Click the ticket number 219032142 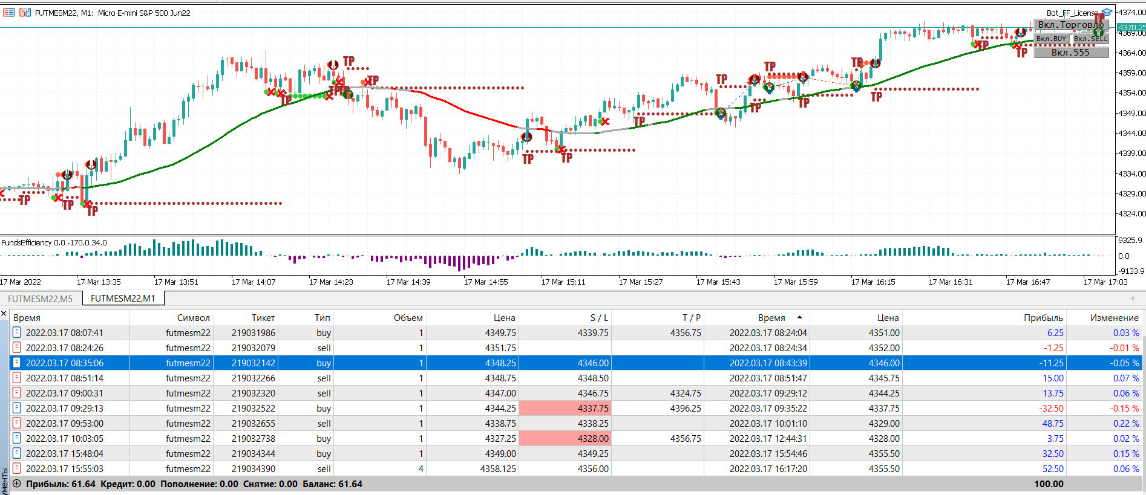click(253, 363)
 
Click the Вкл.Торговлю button click(1070, 25)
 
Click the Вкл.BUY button click(1051, 39)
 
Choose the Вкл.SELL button click(1090, 39)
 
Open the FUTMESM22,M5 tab click(40, 299)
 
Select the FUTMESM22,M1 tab click(123, 299)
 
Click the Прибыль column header click(1043, 318)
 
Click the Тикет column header click(263, 318)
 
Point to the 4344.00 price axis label click(1131, 133)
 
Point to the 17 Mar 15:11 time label click(563, 282)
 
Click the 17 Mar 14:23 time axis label click(330, 282)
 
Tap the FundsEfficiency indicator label click(54, 243)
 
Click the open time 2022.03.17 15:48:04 click(64, 454)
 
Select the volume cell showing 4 click(421, 469)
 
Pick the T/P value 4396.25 click(686, 409)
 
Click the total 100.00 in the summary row click(1049, 484)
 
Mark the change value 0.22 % click(1125, 424)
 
